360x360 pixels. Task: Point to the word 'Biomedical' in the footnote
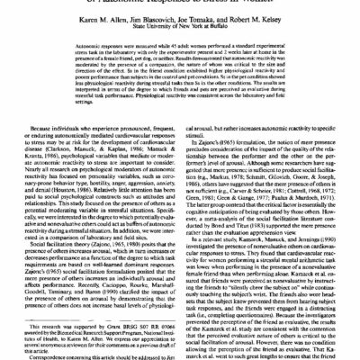(x=74, y=321)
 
